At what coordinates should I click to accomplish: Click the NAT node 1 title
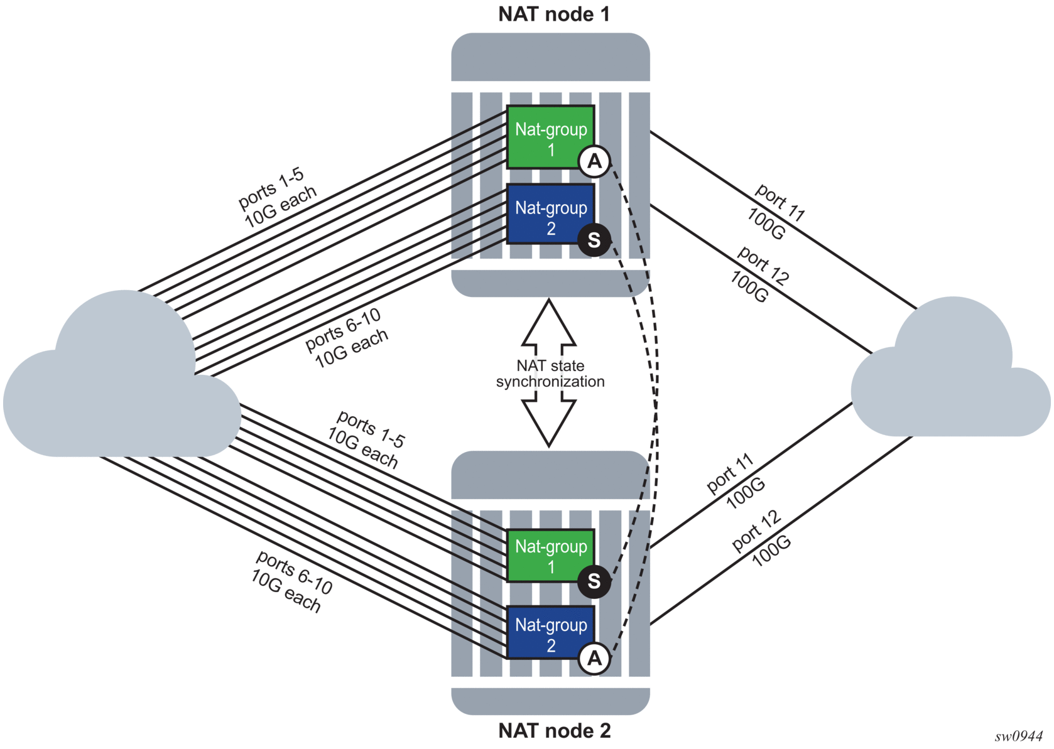point(553,14)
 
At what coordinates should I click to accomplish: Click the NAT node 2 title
point(553,731)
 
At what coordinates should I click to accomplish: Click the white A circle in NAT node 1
point(594,162)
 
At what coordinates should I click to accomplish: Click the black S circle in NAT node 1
point(594,240)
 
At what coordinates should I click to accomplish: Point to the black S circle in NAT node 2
point(594,581)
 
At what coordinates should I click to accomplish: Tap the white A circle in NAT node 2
point(594,659)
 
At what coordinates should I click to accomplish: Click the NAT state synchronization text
point(550,374)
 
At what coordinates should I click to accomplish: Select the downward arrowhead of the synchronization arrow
point(549,424)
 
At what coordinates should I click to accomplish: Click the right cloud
point(948,377)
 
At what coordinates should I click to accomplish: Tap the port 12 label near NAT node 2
point(756,531)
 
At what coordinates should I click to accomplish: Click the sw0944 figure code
point(1018,736)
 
